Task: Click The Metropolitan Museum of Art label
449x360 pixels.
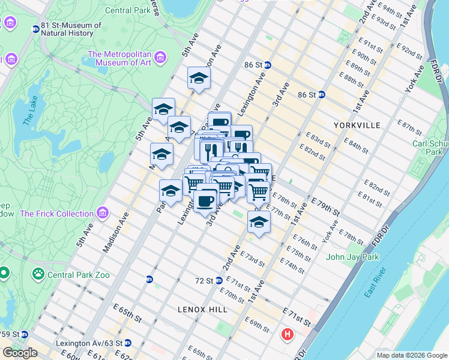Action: click(x=119, y=58)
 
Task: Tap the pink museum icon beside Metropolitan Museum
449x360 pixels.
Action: click(x=160, y=58)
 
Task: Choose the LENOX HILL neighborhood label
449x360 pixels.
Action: click(x=203, y=309)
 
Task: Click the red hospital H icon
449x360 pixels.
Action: click(x=288, y=334)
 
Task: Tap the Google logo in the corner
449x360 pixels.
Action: click(x=20, y=353)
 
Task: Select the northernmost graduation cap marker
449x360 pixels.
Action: click(x=199, y=78)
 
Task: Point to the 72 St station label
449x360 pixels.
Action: click(x=205, y=280)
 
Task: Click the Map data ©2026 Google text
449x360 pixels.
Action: click(x=411, y=355)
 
